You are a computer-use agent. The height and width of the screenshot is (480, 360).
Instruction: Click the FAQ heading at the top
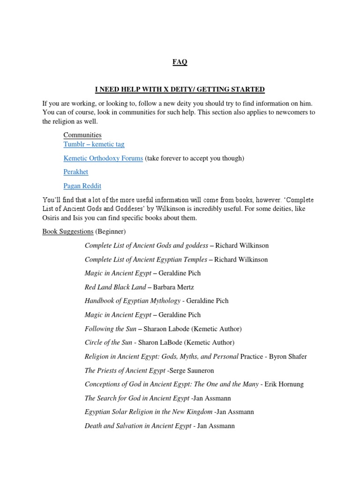coord(180,62)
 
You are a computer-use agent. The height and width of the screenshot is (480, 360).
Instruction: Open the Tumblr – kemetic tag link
coord(94,144)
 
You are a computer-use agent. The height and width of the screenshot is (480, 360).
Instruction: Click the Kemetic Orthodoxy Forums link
coord(103,158)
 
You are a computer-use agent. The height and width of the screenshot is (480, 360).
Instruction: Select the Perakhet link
coord(76,172)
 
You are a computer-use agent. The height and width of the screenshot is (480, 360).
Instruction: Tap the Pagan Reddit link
coord(82,186)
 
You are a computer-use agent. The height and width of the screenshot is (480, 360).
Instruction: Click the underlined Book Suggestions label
coord(68,232)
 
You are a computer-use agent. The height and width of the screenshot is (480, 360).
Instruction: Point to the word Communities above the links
coord(82,135)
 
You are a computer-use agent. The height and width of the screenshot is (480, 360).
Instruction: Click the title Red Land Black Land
coord(109,287)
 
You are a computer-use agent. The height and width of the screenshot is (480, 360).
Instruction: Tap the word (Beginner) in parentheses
coord(111,232)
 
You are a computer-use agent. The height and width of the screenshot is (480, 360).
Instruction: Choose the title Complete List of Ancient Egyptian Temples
coord(146,259)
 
